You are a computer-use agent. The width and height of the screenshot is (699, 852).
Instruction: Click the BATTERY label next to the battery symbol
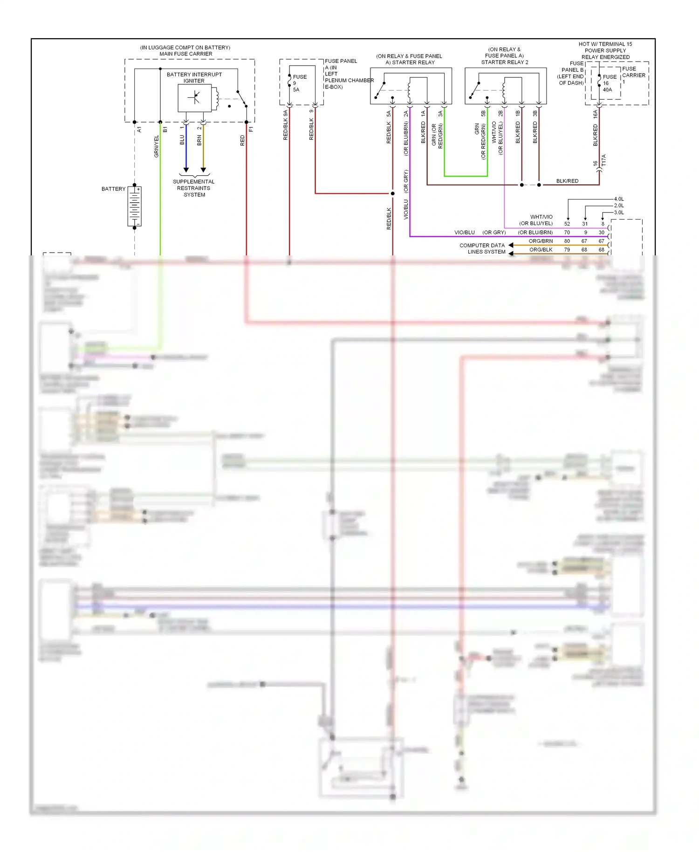tap(113, 189)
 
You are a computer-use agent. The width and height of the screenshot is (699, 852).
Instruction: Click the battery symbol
tap(135, 206)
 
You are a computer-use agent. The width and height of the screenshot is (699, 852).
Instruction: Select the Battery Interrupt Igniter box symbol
tap(195, 98)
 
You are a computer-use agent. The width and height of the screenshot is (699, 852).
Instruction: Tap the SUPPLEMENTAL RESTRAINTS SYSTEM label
tap(194, 188)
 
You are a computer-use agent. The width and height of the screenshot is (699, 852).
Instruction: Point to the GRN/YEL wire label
tap(157, 146)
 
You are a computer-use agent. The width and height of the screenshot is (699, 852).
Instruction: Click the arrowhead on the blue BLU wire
tap(186, 170)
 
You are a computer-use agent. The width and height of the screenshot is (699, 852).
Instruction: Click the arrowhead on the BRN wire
tap(203, 170)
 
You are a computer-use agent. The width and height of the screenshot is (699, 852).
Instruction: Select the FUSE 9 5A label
tap(299, 83)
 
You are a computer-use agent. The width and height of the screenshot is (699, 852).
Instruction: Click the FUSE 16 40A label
tap(609, 83)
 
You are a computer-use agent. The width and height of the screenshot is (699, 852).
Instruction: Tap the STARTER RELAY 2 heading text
tap(505, 62)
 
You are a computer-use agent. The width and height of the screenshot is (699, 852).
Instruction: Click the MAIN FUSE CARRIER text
tap(185, 54)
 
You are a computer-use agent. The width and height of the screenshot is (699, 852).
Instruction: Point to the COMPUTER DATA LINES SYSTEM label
tap(483, 248)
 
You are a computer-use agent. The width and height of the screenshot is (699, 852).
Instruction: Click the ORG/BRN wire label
tap(541, 241)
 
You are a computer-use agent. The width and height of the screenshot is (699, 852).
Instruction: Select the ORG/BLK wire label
tap(541, 250)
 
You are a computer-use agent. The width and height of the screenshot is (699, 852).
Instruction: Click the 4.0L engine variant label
tap(619, 199)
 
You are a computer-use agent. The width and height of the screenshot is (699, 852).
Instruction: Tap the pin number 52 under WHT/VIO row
tap(567, 224)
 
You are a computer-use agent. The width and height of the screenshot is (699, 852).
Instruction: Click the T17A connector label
tap(604, 160)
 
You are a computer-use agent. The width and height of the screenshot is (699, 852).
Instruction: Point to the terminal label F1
tap(251, 129)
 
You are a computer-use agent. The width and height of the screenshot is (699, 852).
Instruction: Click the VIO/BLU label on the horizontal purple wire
tap(464, 232)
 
